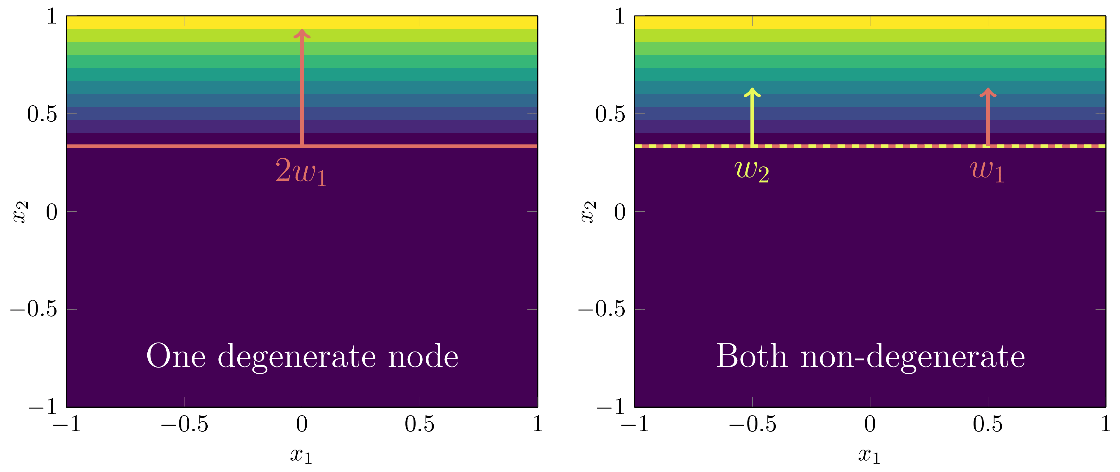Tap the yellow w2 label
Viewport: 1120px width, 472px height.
[x=752, y=171]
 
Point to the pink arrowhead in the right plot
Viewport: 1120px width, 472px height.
[x=988, y=93]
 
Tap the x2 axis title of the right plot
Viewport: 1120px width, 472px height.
[x=589, y=211]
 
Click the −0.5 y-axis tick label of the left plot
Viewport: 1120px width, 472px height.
[x=34, y=309]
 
